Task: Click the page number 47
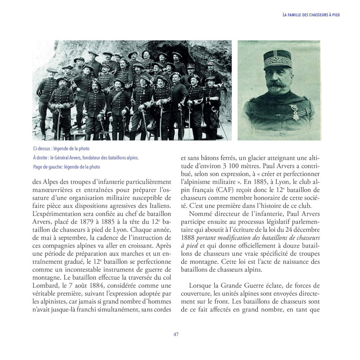point(176,334)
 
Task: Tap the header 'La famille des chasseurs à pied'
point(311,14)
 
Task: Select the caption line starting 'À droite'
point(86,158)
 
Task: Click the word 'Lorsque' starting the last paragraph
point(201,284)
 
